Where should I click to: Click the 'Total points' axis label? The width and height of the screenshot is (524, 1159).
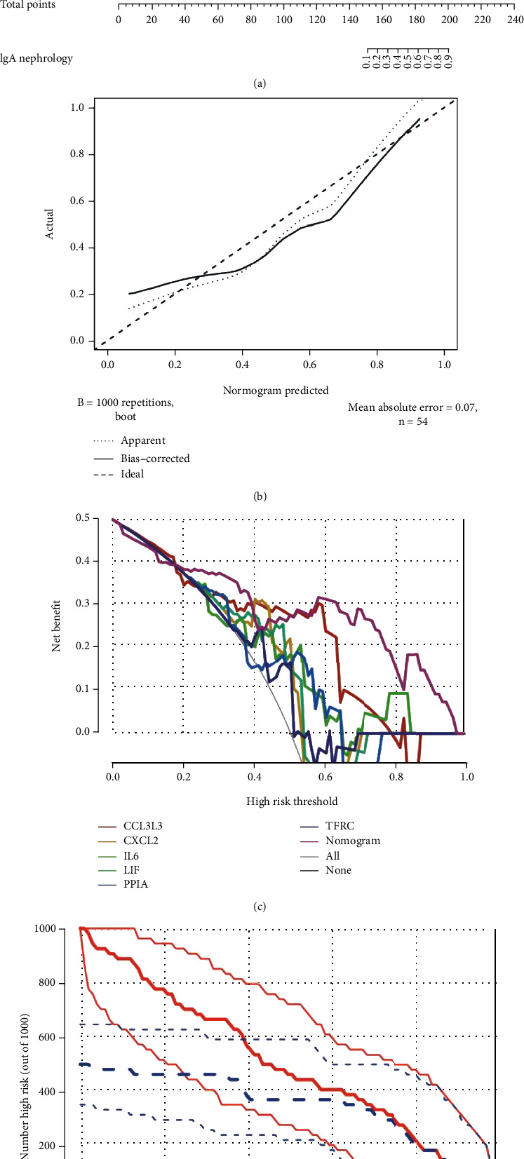(x=28, y=5)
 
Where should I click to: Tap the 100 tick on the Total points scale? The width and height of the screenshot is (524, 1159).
(x=284, y=20)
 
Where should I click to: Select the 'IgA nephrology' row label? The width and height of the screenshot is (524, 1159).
(x=36, y=58)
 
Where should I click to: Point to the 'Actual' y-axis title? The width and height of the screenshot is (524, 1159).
(x=50, y=224)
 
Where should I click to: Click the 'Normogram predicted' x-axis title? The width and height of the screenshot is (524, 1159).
(x=276, y=391)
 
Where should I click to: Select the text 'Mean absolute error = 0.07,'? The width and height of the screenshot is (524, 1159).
(x=412, y=407)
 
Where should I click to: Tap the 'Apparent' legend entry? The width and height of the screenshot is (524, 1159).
(x=143, y=440)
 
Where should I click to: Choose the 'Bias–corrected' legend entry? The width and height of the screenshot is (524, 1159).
(x=155, y=459)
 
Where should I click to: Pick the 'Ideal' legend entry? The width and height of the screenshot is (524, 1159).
(x=132, y=474)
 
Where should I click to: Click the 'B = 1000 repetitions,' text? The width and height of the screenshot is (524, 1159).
(x=126, y=403)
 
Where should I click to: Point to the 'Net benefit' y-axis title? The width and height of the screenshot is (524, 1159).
(x=57, y=625)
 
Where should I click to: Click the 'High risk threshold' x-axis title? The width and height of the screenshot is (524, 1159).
(x=292, y=801)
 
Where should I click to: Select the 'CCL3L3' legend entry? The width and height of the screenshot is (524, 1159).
(x=142, y=826)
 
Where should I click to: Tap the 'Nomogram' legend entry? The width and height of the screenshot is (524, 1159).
(x=352, y=841)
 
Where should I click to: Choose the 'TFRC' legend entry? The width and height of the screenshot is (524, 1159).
(x=340, y=826)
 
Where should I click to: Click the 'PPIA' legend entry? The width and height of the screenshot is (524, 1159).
(x=135, y=884)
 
